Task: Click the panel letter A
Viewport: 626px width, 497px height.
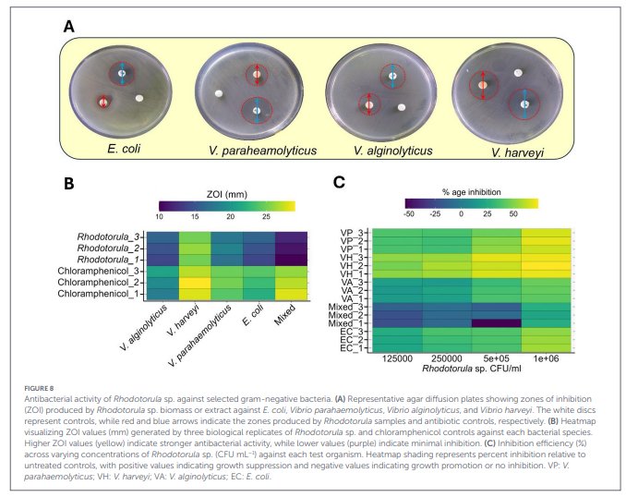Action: click(x=68, y=27)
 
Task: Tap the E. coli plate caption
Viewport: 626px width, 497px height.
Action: click(x=124, y=149)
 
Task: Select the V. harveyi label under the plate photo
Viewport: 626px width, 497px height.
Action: click(x=517, y=152)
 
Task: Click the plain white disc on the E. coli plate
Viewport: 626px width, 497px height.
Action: click(x=139, y=98)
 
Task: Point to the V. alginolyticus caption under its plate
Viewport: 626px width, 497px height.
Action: click(x=392, y=151)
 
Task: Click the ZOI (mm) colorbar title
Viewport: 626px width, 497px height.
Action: click(x=227, y=195)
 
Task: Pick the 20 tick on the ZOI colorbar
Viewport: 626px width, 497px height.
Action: click(x=230, y=216)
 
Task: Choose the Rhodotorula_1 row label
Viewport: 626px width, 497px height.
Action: click(x=106, y=260)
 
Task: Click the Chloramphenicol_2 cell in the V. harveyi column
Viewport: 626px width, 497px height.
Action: click(x=195, y=283)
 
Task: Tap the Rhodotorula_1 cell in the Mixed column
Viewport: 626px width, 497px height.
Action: click(x=291, y=261)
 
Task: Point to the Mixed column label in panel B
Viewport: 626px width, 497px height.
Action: click(x=285, y=314)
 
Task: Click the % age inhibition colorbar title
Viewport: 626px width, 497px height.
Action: click(x=472, y=192)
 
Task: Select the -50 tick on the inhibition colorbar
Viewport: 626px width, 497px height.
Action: click(x=408, y=213)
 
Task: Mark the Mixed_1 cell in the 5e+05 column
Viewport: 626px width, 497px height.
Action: click(x=497, y=323)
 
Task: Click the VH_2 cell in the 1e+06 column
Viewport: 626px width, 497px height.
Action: click(x=547, y=266)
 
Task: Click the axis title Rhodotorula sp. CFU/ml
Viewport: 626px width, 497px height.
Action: click(x=472, y=369)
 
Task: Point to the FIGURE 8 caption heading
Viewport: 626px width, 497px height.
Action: click(x=39, y=388)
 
